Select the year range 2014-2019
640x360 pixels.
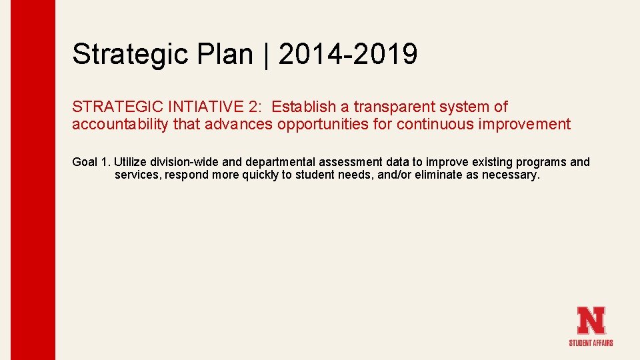tap(348, 54)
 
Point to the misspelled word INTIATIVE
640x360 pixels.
tap(215, 107)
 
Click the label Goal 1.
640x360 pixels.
tap(91, 162)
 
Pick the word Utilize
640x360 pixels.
tap(130, 162)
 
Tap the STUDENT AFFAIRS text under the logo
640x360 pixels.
tap(591, 343)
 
